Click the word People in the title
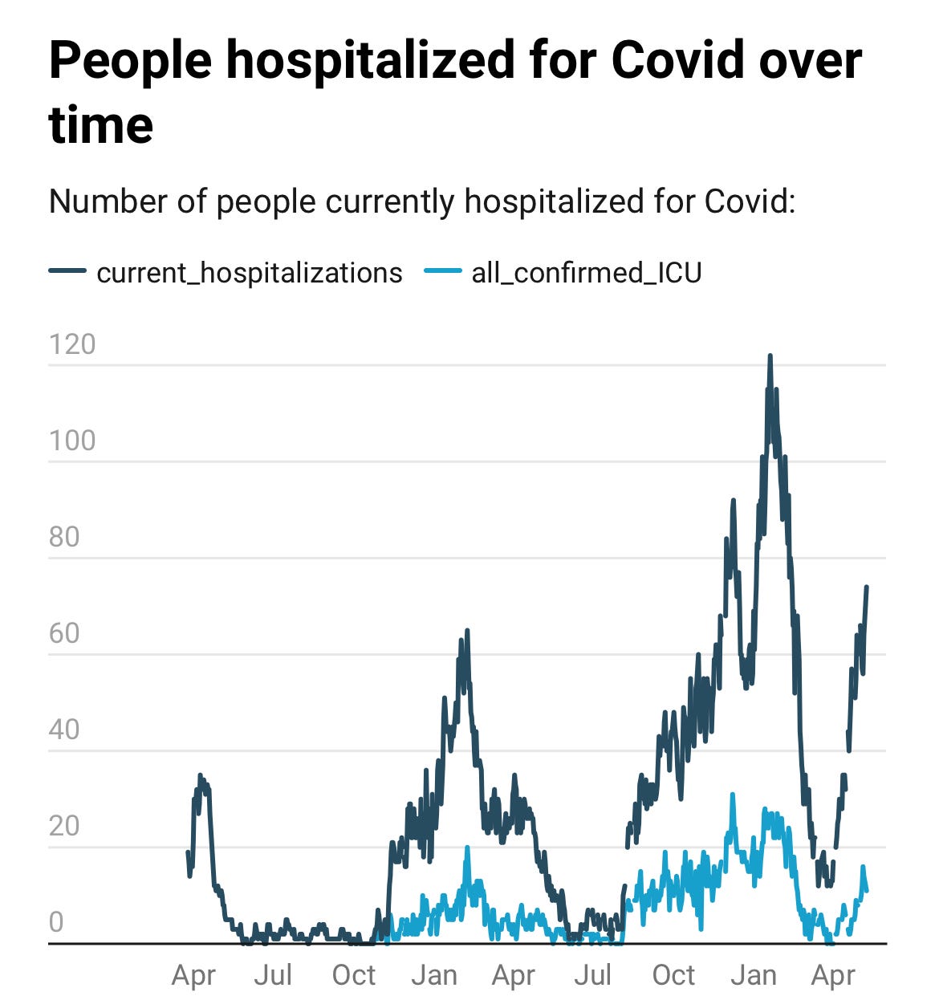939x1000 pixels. point(131,61)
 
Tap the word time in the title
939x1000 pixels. point(101,125)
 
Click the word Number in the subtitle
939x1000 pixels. point(109,202)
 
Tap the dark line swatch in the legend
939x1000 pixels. point(67,271)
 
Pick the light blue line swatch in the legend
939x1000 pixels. point(443,271)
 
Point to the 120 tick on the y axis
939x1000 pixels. point(72,344)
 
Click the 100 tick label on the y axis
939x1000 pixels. point(72,441)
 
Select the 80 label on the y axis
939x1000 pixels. point(64,537)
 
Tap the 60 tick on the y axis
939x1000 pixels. point(64,633)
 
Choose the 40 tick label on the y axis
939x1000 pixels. point(64,730)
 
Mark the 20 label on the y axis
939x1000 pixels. point(64,826)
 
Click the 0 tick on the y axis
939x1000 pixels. point(56,922)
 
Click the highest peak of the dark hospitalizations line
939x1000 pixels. point(769,356)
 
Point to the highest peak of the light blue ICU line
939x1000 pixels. point(733,795)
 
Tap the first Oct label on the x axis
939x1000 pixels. point(354,975)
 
